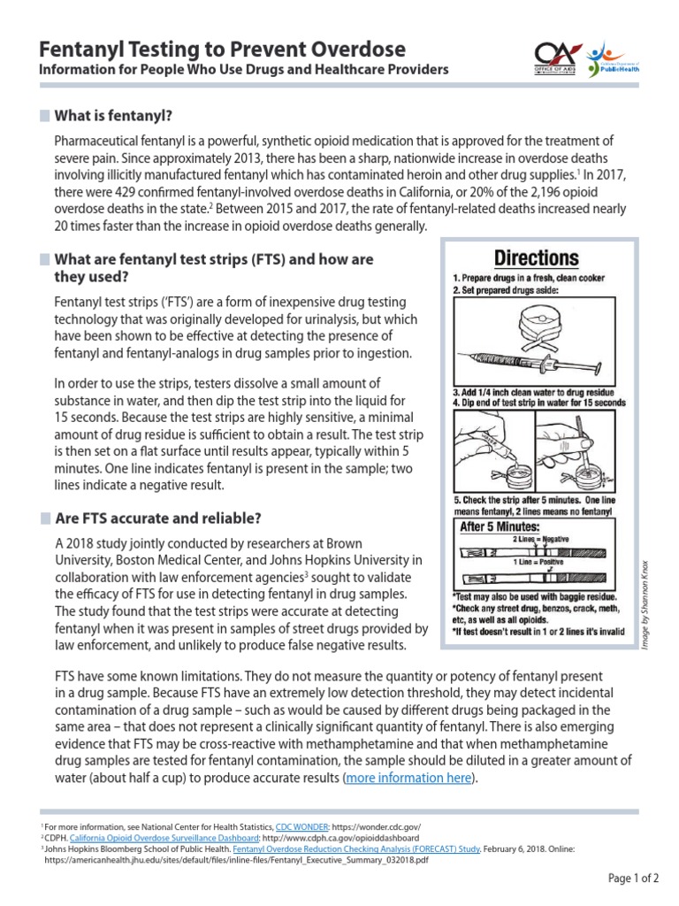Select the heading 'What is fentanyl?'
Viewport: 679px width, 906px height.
coord(113,115)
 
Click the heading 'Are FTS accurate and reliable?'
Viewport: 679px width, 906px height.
coord(158,518)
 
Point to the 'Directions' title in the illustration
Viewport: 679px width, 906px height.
coord(536,258)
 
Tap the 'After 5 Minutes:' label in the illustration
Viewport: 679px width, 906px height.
coord(504,526)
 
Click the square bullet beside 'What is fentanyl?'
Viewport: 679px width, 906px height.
coord(46,116)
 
